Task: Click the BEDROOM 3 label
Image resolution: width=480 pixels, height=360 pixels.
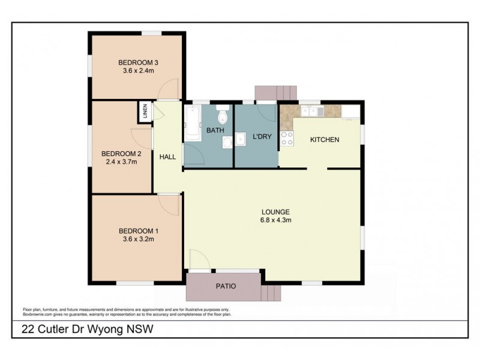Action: [x=137, y=62]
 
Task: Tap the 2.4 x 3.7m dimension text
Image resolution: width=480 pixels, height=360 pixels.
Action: [x=122, y=161]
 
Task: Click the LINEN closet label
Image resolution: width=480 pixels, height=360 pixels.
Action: [x=145, y=112]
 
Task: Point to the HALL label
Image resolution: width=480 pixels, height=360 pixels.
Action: [x=167, y=157]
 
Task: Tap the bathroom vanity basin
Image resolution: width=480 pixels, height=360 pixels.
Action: [x=227, y=142]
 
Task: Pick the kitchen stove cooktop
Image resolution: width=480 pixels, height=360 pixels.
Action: [x=287, y=139]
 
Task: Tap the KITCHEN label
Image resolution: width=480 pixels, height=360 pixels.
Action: [x=325, y=140]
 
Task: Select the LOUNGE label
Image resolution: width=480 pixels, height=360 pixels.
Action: [x=276, y=212]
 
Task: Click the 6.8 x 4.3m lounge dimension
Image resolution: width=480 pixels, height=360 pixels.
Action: [x=276, y=220]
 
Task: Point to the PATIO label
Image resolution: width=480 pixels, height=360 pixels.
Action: [x=226, y=286]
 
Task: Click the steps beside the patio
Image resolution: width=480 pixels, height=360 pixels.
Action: [x=271, y=292]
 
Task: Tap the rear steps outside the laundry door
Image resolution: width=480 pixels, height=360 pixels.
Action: [x=276, y=92]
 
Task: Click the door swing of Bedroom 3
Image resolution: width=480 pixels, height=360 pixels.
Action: [x=171, y=90]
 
